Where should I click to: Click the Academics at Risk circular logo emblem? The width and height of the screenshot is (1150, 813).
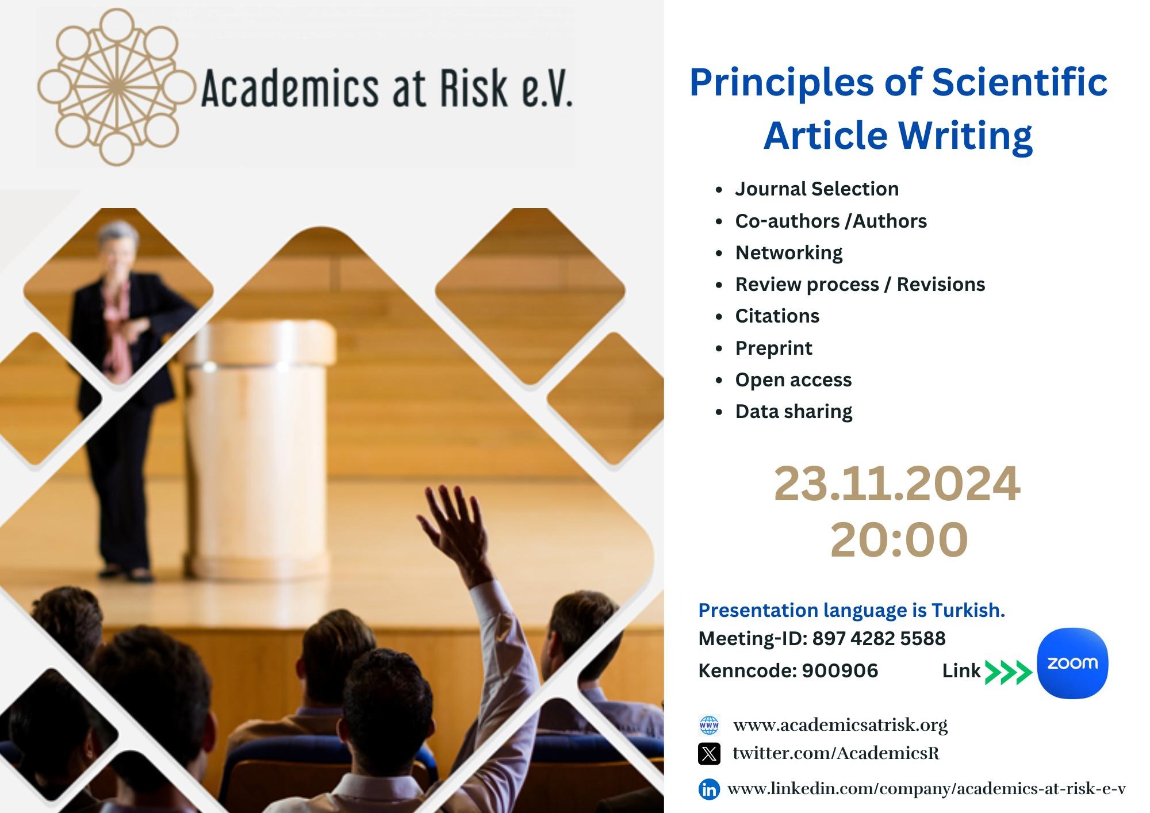[x=117, y=87]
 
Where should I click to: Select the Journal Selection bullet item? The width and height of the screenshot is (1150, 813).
[x=816, y=189]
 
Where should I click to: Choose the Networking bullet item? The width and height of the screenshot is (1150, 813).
[x=789, y=253]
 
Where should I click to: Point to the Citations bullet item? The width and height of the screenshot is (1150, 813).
[x=777, y=316]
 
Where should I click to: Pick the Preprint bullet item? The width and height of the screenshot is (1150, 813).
[x=774, y=348]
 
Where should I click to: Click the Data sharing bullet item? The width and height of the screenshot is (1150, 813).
[x=794, y=412]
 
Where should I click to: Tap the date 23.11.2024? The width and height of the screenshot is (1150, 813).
[x=897, y=484]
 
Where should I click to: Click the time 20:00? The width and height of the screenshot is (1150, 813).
[x=899, y=539]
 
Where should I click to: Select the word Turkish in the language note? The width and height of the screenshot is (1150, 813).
[x=968, y=610]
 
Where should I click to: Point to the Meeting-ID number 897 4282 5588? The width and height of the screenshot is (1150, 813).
[x=879, y=639]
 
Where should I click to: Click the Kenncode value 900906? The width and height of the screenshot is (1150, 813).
[x=840, y=671]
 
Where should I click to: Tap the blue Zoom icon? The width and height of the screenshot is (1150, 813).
[x=1072, y=664]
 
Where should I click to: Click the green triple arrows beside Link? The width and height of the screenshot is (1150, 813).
[x=1009, y=672]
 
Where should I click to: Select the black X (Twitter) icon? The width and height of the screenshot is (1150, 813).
[x=709, y=754]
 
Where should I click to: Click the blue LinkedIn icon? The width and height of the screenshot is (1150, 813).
[x=709, y=789]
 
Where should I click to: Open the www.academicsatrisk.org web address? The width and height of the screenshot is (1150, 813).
[x=841, y=725]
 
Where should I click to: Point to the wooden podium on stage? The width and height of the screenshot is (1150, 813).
[x=262, y=448]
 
